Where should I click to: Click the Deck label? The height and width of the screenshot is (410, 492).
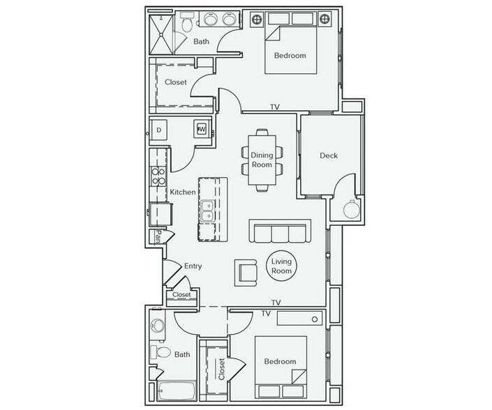tap(328, 155)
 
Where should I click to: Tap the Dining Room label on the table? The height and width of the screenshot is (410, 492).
tap(262, 160)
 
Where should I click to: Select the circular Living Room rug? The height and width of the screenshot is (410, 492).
tap(281, 266)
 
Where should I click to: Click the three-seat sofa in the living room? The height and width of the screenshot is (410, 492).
tap(278, 231)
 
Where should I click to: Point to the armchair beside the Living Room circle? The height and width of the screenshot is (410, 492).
tap(248, 271)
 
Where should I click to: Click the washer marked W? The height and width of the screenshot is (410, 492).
tap(202, 129)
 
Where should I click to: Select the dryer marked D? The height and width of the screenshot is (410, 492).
tap(159, 130)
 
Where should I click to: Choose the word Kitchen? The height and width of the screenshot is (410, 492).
tap(182, 192)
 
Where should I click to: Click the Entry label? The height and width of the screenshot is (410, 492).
tap(193, 266)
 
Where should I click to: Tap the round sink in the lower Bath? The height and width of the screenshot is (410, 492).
tap(158, 326)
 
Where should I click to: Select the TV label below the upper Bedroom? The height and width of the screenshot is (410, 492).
tap(275, 107)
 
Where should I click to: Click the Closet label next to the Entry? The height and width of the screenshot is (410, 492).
tap(181, 295)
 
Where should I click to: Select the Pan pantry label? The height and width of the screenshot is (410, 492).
tap(159, 236)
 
